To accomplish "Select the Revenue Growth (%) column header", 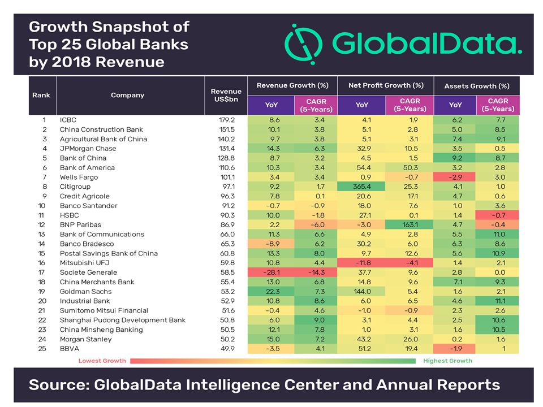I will coord(292,85).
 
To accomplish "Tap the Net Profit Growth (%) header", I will coord(385,85).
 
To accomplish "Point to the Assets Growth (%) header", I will coord(476,86).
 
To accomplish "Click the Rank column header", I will coord(42,95).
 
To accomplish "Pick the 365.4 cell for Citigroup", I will coord(361,187).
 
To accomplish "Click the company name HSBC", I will coord(69,215).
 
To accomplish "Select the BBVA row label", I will coord(70,348).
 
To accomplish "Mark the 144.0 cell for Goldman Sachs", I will coord(361,291).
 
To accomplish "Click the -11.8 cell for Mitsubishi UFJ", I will coord(361,263).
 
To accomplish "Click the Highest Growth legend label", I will coord(448,361).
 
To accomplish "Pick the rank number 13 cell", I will coord(42,234).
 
